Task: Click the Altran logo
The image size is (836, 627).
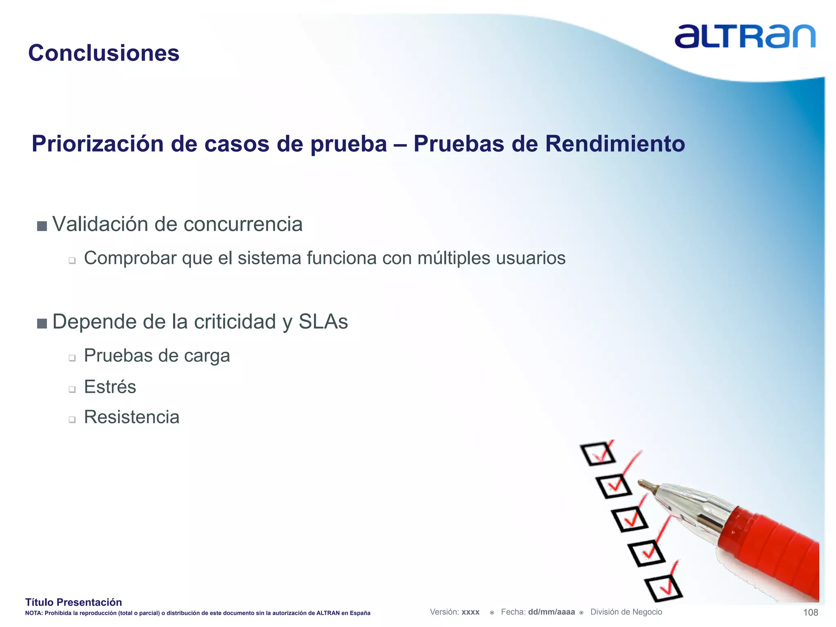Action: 745,37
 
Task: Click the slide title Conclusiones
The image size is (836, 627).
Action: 104,53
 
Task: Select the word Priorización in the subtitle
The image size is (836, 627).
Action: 98,144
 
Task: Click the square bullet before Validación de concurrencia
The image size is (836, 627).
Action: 42,226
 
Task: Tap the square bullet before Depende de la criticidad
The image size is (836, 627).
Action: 42,324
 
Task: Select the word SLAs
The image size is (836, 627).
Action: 323,322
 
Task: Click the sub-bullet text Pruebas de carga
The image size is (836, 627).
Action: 157,356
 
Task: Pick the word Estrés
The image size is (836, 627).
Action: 110,387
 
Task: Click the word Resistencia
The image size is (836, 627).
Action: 131,417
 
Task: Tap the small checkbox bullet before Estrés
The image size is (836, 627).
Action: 72,389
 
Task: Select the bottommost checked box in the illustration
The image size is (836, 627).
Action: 664,588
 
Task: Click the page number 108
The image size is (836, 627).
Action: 810,612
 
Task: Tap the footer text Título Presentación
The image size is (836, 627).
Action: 73,602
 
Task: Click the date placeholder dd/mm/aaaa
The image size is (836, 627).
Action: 551,612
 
